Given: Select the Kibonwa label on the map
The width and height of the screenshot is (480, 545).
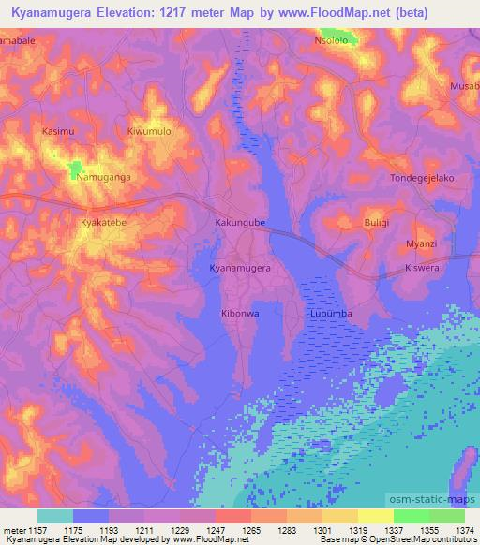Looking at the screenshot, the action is click(x=240, y=314).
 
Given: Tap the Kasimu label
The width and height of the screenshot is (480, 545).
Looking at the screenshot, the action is click(x=58, y=132).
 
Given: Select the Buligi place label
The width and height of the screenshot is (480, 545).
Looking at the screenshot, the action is click(x=382, y=223).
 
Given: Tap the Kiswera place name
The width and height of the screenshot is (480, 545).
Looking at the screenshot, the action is click(x=421, y=267).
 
